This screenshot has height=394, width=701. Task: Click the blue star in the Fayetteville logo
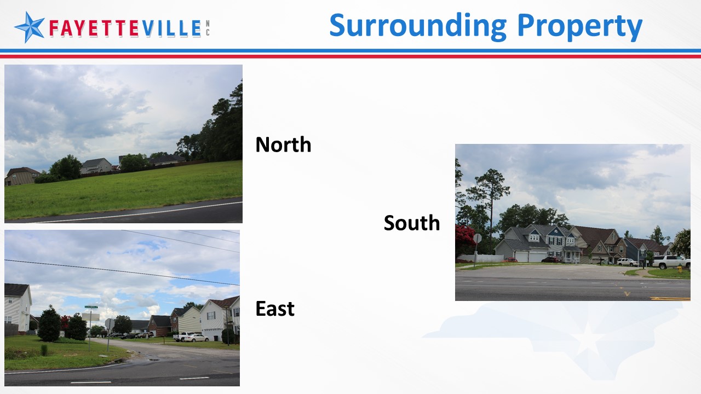[30, 27]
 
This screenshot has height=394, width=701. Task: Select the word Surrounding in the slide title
[418, 26]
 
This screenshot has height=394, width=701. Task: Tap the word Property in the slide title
[580, 26]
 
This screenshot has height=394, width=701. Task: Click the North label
[283, 144]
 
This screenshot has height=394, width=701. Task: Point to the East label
[275, 309]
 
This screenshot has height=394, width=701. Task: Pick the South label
[411, 223]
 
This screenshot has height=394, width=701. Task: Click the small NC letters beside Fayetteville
[208, 28]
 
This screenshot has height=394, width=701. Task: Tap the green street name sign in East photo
[91, 307]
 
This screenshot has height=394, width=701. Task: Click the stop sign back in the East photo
[110, 323]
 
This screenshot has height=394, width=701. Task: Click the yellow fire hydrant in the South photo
[680, 269]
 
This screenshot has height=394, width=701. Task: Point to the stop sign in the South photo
[477, 239]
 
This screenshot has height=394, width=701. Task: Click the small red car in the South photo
[510, 260]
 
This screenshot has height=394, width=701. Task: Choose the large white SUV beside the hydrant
[671, 262]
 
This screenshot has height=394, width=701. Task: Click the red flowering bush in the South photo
[465, 239]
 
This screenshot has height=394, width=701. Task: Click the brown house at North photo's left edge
[21, 176]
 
